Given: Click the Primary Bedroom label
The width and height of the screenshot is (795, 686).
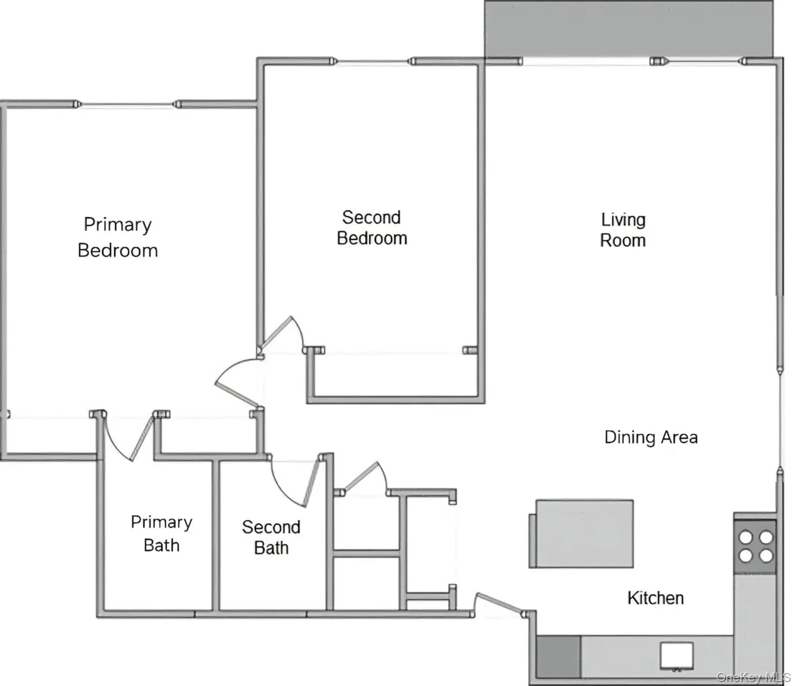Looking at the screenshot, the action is pos(118,237).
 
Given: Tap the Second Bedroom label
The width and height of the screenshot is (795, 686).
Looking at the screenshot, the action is pos(372,228).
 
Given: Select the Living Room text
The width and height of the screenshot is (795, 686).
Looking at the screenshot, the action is pos(623,230).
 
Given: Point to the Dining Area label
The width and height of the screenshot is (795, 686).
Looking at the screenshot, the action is pos(651,437).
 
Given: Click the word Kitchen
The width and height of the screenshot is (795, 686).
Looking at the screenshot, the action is pos(656,598).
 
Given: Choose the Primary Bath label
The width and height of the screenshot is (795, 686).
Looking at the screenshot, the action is pos(161,534).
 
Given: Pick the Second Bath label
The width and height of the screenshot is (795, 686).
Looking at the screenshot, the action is pos(271,537).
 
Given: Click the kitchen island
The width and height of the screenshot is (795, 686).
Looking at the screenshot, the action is pos(582,534).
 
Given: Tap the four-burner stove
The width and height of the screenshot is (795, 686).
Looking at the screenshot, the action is pos(756,546).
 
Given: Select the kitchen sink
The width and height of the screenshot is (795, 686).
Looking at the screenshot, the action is pos(677,656).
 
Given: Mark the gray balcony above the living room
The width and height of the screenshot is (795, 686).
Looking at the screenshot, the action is pos(629,29).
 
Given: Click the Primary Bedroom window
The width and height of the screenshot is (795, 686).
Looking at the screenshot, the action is pos(127,105).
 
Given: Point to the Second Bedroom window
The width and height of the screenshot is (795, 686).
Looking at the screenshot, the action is pos(372,62).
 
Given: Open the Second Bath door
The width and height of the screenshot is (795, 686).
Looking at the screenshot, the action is pos(310,481).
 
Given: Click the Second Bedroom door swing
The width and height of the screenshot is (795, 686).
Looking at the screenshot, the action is pos(282,333).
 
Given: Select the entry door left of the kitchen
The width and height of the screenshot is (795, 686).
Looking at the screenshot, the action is pos(500,604).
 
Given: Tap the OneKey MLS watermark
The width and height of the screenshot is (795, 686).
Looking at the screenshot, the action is pos(754,677).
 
